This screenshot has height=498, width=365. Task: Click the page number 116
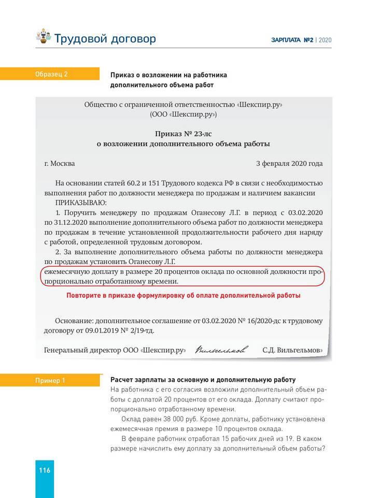44,471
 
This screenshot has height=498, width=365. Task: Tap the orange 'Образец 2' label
51,74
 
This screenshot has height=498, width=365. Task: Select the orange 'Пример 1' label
50,381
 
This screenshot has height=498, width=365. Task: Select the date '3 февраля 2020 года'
289,163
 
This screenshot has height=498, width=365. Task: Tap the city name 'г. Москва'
60,163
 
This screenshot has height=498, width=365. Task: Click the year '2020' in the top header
325,40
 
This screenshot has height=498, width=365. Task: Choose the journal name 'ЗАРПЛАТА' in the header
286,40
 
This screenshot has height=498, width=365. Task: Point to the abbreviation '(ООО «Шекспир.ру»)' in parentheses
183,114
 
